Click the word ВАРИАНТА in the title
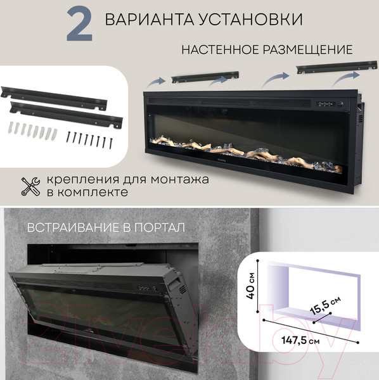pos(150,19)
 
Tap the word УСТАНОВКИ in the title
pos(251,19)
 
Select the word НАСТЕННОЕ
pos(220,49)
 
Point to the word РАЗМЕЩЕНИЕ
pos(308,49)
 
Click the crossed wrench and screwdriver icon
pos(30,186)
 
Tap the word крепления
pos(83,180)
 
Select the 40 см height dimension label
pos(250,286)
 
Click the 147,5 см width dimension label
pos(300,340)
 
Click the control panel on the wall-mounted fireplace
pos(326,104)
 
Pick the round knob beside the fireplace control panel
pos(340,104)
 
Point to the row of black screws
pos(90,139)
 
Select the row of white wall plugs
pos(33,130)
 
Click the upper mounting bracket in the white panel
pos(54,98)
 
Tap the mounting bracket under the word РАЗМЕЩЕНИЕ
pos(337,67)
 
